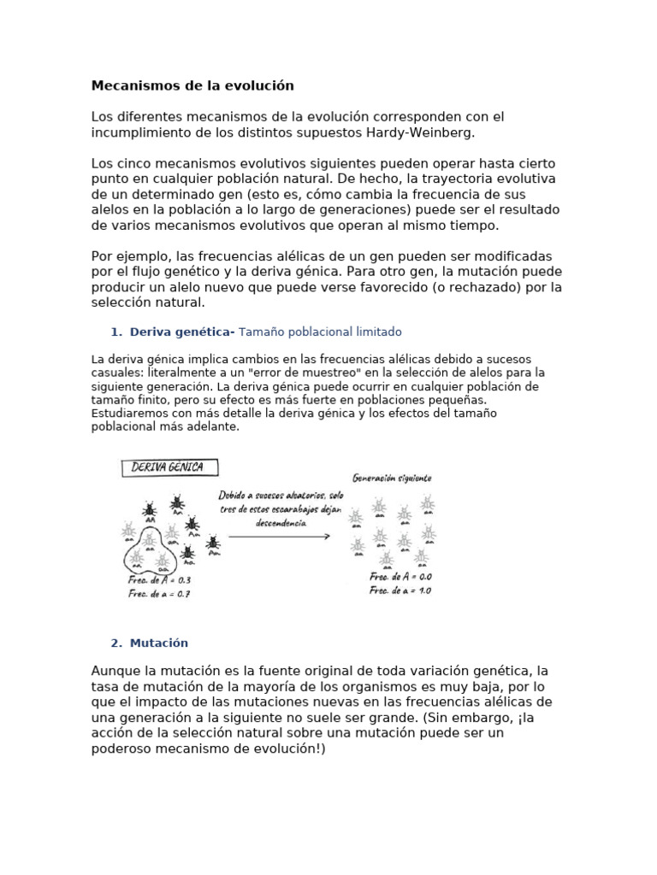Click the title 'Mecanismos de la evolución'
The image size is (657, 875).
pyautogui.click(x=192, y=85)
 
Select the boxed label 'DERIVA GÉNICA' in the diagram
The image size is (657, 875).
pyautogui.click(x=169, y=467)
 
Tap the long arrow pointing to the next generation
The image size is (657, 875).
pyautogui.click(x=279, y=536)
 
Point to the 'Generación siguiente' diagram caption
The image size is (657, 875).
pyautogui.click(x=392, y=478)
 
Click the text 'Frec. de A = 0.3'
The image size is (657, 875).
pyautogui.click(x=160, y=581)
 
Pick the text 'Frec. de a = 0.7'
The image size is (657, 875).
pyautogui.click(x=160, y=594)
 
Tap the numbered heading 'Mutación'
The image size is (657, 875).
pyautogui.click(x=159, y=643)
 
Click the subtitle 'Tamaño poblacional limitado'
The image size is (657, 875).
pyautogui.click(x=320, y=332)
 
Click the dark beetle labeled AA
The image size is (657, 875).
pyautogui.click(x=150, y=508)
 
